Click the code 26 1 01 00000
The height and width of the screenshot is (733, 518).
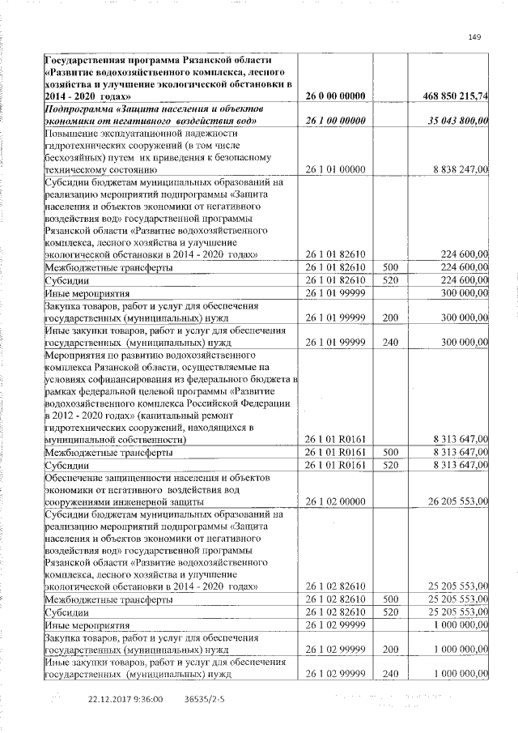click(x=334, y=169)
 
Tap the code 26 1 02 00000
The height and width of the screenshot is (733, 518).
click(x=334, y=502)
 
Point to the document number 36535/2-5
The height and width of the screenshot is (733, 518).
click(x=205, y=698)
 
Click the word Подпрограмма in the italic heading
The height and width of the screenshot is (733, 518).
click(x=81, y=109)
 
